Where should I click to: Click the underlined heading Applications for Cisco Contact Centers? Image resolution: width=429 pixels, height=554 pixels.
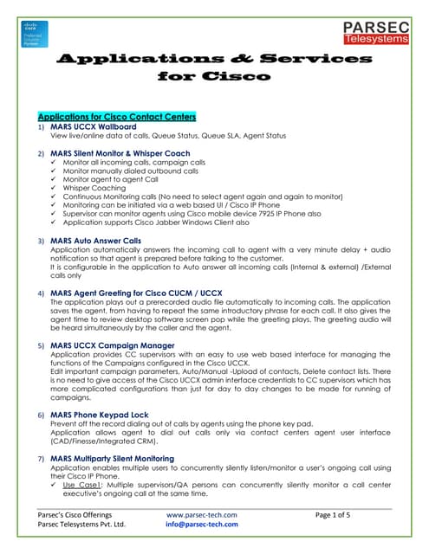pos(117,116)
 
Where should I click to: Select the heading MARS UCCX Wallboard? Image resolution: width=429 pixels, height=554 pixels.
pos(94,126)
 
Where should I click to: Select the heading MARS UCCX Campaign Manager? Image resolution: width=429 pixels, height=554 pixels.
pos(113,345)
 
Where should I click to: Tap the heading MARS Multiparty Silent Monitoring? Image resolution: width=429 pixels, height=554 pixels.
pos(125,457)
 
